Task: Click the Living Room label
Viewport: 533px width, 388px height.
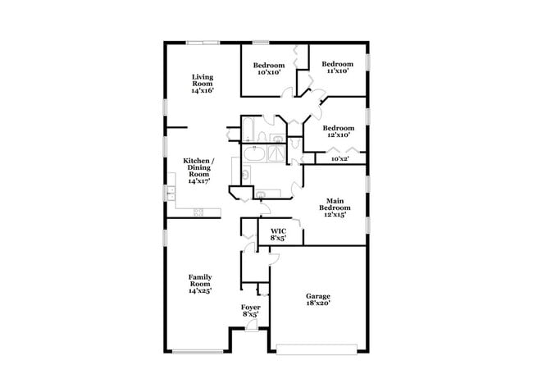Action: coord(202,84)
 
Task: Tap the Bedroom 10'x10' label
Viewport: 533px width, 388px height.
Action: coord(269,69)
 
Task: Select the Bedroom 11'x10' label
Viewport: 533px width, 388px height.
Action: coord(337,68)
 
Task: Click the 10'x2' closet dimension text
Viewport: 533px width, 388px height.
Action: coord(339,159)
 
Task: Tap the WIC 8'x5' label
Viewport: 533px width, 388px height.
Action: coord(278,235)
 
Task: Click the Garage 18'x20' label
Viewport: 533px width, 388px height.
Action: coord(318,299)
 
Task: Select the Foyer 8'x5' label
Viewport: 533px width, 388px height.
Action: coord(251,310)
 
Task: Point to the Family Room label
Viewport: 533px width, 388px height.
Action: coord(201,283)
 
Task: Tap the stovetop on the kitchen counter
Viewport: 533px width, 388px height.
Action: coord(198,212)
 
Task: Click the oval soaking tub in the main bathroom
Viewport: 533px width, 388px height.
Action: coord(253,153)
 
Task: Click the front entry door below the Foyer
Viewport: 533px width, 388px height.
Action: coord(251,327)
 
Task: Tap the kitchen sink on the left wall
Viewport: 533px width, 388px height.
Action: coord(171,194)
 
